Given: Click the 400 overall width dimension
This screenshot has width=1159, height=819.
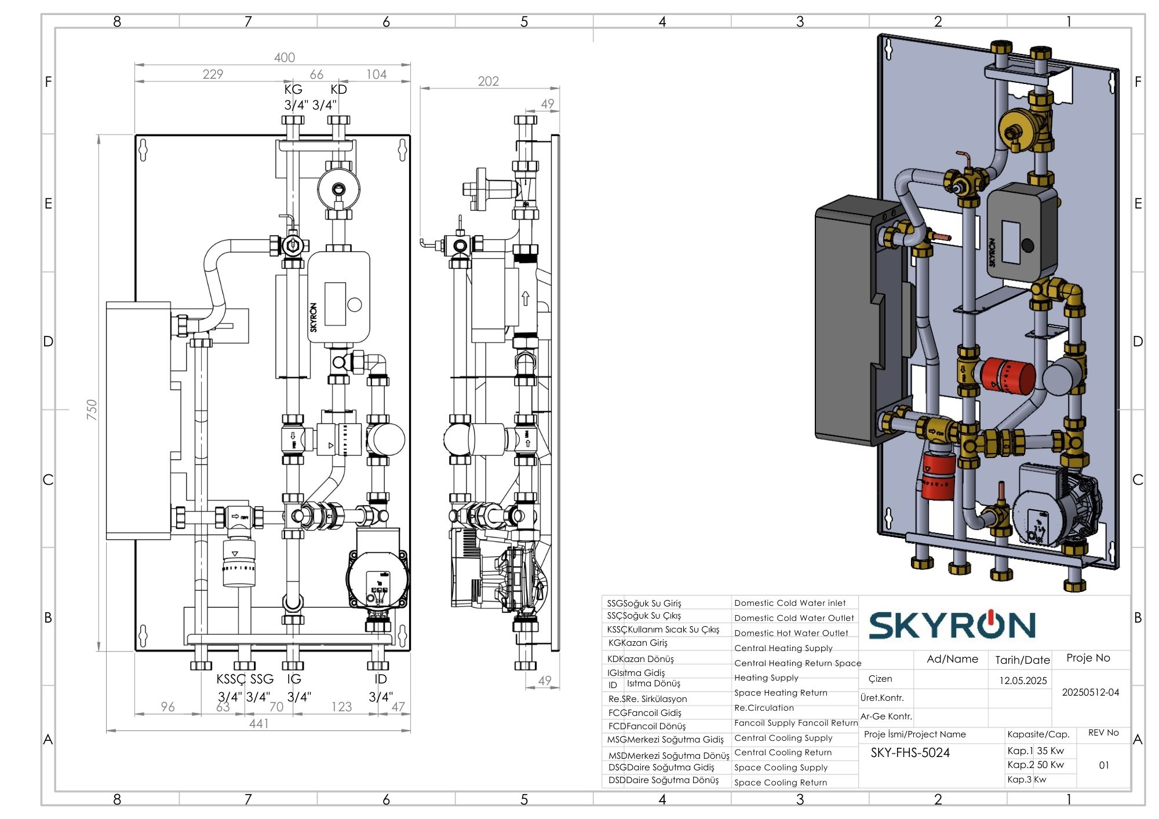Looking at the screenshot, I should click(x=284, y=57).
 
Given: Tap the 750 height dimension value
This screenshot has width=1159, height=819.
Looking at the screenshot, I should click(x=92, y=409).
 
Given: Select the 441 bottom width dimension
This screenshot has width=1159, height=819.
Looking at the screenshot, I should click(x=258, y=723).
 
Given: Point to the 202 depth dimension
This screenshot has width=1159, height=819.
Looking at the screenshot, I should click(x=488, y=81).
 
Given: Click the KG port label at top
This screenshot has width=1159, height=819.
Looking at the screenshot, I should click(x=293, y=89).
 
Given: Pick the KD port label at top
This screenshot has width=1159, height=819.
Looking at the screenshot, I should click(x=338, y=89).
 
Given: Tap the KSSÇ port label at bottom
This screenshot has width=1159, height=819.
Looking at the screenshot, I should click(x=231, y=679).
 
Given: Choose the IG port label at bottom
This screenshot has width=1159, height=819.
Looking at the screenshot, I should click(x=294, y=679).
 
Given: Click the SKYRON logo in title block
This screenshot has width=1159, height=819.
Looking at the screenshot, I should click(x=952, y=625).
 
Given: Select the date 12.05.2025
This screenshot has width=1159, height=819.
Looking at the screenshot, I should click(x=1023, y=681).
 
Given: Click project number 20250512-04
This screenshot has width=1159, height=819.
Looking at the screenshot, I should click(x=1090, y=692).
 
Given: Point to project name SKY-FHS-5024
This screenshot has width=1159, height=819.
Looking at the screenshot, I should click(x=910, y=753).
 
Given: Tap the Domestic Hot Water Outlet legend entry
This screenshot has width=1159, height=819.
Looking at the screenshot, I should click(x=791, y=633).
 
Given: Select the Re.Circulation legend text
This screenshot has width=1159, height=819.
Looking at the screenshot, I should click(x=764, y=708).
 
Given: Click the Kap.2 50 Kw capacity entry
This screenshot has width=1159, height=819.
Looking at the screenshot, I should click(x=1036, y=765).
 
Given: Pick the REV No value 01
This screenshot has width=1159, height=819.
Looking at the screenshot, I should click(x=1104, y=765).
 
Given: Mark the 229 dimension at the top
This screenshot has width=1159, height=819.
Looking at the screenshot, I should click(x=213, y=74).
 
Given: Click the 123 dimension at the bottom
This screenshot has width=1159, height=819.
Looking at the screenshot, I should click(x=341, y=707).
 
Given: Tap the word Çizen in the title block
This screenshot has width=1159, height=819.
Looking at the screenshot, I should click(x=880, y=679).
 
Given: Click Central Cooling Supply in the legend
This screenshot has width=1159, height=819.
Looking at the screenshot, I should click(x=783, y=738).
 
